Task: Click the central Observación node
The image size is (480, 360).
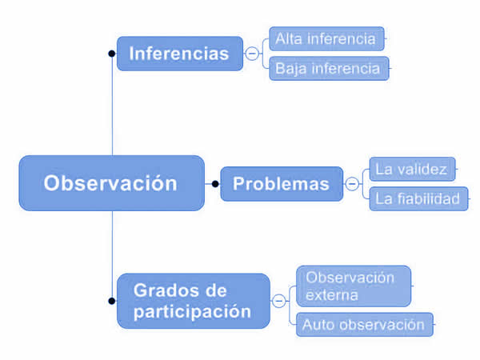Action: click(x=112, y=183)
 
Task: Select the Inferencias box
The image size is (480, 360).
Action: click(x=180, y=54)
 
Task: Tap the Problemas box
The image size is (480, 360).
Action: click(x=282, y=184)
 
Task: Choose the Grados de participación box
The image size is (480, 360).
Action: click(x=194, y=301)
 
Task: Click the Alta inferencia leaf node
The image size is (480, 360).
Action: click(x=326, y=38)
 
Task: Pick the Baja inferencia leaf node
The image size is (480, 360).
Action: click(x=329, y=68)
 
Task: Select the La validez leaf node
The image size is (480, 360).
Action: click(x=412, y=169)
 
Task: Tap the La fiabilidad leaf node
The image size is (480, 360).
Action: click(x=418, y=198)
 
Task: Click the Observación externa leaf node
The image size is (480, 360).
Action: click(x=354, y=286)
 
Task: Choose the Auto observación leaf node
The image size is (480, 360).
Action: click(x=365, y=325)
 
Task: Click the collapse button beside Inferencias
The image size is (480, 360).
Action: click(x=252, y=54)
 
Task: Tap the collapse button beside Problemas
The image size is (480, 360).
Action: click(x=352, y=184)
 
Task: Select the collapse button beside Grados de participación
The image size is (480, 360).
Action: click(x=279, y=301)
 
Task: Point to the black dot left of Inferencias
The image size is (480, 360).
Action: click(x=112, y=54)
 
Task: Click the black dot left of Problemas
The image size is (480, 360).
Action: click(x=215, y=184)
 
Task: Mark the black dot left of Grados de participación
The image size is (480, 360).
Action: click(x=112, y=301)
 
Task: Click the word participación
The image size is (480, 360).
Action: click(x=192, y=312)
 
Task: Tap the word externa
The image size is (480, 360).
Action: click(x=332, y=295)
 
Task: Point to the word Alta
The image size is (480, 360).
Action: click(x=288, y=38)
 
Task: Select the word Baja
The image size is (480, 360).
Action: click(x=291, y=69)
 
